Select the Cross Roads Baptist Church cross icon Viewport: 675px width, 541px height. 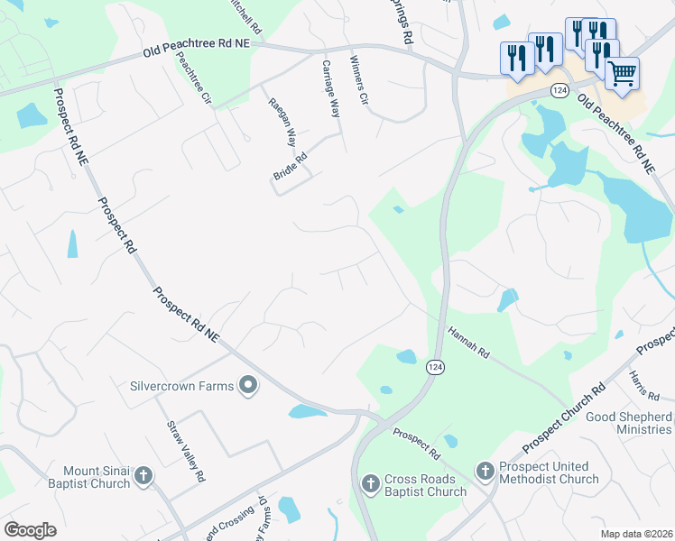369,484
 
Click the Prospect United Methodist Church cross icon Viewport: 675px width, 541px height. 484,472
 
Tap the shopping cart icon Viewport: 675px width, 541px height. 623,74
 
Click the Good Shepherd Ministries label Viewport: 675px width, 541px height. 629,423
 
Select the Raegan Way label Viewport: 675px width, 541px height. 282,123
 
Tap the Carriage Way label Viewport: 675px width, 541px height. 331,89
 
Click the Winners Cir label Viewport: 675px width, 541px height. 359,82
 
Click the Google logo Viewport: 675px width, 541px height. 31,530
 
